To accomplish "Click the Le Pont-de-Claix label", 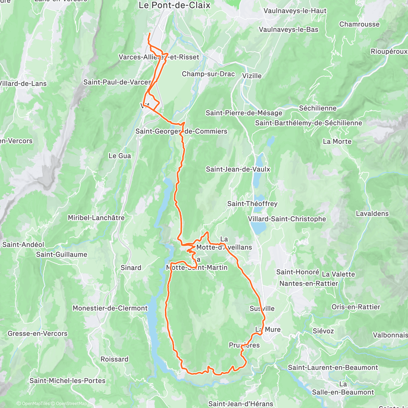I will [174, 5].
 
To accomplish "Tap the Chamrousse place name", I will [359, 24].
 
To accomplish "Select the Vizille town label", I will [252, 75].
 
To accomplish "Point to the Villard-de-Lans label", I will [23, 84].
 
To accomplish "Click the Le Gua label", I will [120, 156].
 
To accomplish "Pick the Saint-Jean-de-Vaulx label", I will [238, 169].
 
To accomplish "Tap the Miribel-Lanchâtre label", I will [96, 218].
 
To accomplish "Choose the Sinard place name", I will [131, 268].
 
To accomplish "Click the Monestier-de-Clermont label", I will [110, 308].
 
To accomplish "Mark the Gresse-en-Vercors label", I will [37, 334].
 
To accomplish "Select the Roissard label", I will [115, 359].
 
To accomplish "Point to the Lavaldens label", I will [372, 214].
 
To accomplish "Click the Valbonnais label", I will [390, 335].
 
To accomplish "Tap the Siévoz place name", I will [323, 331].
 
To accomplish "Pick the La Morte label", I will [337, 141].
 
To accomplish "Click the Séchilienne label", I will [318, 108].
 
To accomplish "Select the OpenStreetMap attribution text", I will [71, 404].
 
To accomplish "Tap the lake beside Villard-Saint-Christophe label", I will [259, 227].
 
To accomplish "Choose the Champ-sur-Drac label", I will [208, 74].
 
